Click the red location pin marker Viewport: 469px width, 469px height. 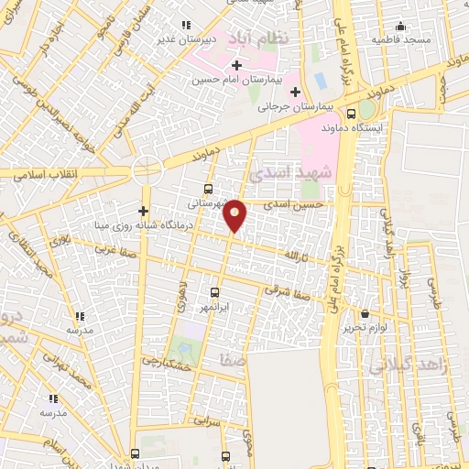click(x=235, y=214)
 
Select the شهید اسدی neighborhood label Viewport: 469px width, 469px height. click(x=278, y=171)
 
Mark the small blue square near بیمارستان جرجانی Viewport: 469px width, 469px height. click(x=321, y=80)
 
